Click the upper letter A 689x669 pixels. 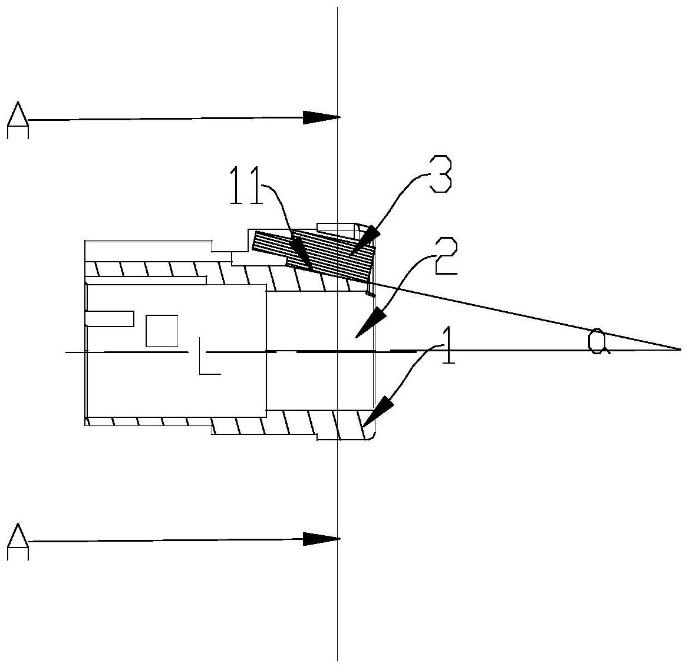(18, 120)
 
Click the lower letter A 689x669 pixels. (18, 542)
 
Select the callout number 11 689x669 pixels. (246, 186)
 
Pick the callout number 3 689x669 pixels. (440, 173)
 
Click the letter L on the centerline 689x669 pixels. (209, 356)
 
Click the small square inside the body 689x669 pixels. (161, 331)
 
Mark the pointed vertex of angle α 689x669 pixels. (681, 350)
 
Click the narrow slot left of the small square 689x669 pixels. (110, 319)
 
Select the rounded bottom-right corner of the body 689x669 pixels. (372, 437)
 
